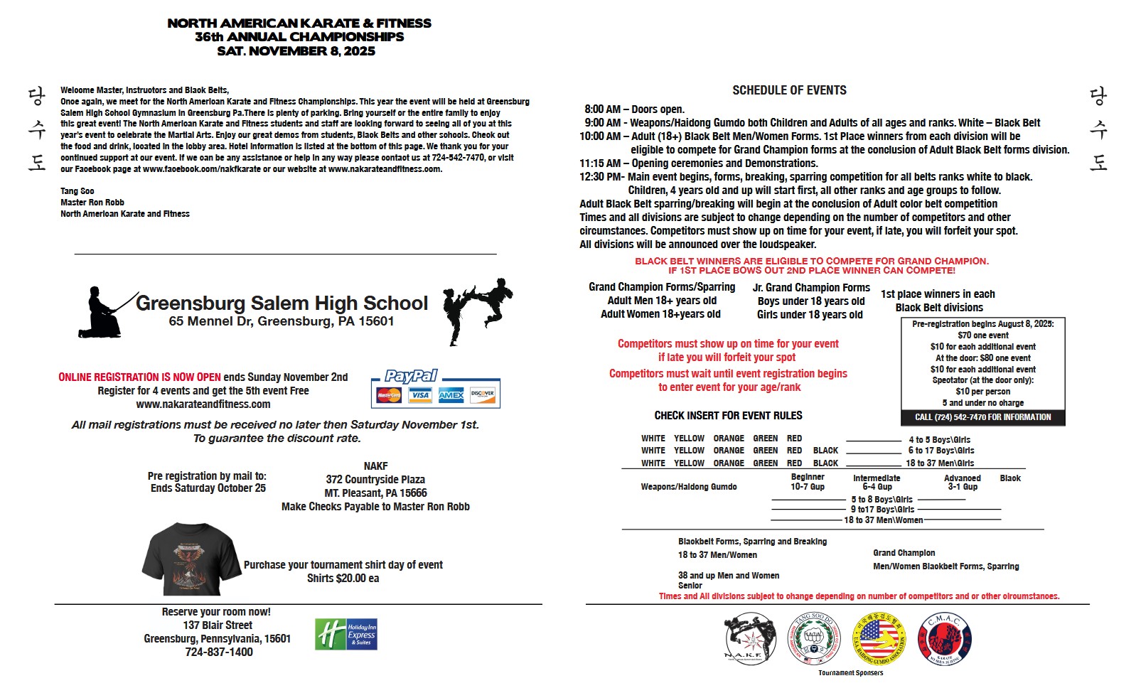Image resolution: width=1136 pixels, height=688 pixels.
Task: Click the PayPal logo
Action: tap(411, 376)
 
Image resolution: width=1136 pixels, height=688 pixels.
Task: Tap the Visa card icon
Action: tap(420, 395)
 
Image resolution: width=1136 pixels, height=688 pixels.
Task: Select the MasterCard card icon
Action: tap(389, 395)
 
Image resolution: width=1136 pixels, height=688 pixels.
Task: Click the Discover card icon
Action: tap(482, 395)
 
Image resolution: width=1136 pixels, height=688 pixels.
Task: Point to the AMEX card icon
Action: tap(451, 395)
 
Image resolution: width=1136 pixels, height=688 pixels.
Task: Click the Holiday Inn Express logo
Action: tap(346, 634)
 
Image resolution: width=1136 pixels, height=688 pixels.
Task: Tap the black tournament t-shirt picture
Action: tap(191, 559)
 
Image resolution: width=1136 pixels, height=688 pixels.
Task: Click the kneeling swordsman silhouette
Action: tap(104, 312)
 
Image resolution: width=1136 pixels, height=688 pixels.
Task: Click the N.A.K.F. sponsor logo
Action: tap(750, 638)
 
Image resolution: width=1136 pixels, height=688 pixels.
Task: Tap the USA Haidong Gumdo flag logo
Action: tap(879, 639)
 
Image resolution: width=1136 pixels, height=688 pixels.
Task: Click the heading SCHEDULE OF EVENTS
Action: tap(789, 90)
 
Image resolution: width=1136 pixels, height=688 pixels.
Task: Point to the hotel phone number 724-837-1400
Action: tap(218, 652)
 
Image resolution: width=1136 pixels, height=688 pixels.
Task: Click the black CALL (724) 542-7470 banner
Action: tap(982, 417)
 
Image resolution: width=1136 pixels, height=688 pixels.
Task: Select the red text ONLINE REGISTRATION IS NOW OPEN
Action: tap(139, 377)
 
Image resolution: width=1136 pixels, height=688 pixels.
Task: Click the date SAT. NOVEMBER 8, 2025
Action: tap(296, 51)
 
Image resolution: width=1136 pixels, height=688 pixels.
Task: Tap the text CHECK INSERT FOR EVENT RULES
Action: tap(728, 416)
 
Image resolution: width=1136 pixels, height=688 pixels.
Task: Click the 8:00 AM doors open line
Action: tap(634, 109)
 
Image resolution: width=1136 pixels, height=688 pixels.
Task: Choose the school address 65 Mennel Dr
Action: tap(282, 321)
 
